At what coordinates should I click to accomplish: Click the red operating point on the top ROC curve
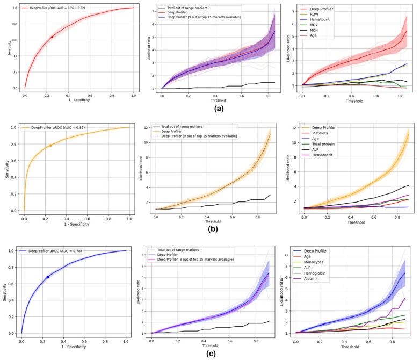52,37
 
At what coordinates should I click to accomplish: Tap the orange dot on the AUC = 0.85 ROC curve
50,146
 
